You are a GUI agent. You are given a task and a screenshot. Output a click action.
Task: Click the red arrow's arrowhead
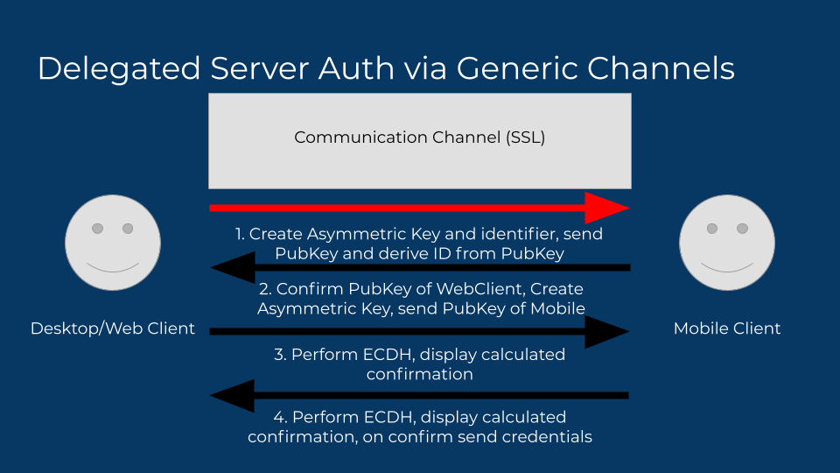click(606, 208)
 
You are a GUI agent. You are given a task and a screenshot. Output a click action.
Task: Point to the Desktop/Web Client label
click(113, 328)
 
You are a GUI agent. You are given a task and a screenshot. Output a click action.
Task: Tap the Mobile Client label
click(726, 328)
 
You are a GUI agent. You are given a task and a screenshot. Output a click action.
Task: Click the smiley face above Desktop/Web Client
click(113, 244)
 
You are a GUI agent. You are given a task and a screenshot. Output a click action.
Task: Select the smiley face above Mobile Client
click(727, 244)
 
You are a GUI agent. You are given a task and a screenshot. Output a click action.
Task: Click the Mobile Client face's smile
click(727, 266)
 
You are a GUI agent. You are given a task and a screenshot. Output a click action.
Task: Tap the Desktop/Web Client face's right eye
click(128, 229)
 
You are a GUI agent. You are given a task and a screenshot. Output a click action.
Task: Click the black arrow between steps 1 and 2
click(420, 266)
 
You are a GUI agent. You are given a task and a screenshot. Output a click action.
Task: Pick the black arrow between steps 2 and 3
click(420, 331)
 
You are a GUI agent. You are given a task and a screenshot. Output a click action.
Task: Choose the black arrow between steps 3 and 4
click(420, 396)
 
